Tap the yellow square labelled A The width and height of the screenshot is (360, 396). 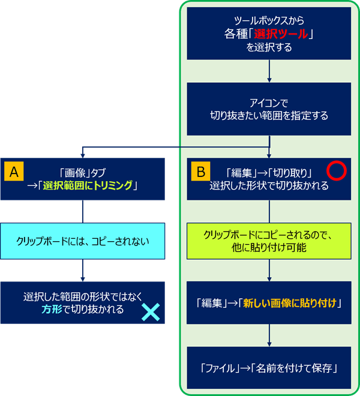tap(14, 170)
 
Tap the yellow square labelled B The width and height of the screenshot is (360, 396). tap(201, 170)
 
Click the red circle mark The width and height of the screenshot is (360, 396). tap(337, 172)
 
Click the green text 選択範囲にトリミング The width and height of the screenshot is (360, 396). tap(88, 186)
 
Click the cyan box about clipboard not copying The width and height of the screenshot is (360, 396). tap(83, 241)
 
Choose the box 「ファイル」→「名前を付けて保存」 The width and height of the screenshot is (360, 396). tap(268, 367)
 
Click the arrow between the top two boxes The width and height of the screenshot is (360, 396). tap(268, 72)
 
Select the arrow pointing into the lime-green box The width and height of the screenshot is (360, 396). tap(268, 212)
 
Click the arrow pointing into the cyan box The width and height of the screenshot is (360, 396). tap(83, 212)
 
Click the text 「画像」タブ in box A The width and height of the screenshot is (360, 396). tap(83, 172)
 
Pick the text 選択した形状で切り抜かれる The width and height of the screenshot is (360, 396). tap(268, 186)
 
